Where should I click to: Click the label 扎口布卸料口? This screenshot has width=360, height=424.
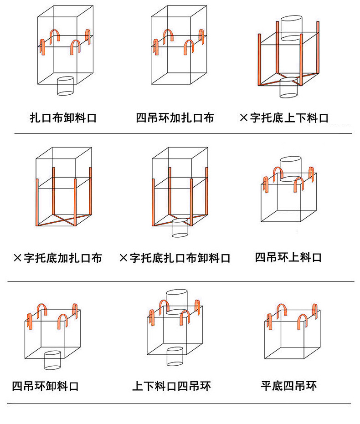(63, 118)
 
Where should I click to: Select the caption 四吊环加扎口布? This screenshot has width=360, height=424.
(175, 118)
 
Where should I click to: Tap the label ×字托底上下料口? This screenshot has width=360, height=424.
(284, 118)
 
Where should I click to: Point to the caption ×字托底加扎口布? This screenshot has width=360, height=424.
(58, 258)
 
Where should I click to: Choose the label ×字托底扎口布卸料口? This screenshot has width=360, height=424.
(175, 258)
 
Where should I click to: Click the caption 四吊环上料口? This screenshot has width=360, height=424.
(288, 257)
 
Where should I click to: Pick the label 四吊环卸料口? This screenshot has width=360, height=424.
(46, 386)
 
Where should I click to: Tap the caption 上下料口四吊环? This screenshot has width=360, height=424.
(171, 386)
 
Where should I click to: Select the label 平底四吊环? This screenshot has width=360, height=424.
(288, 386)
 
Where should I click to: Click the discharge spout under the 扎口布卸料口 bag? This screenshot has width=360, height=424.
(65, 86)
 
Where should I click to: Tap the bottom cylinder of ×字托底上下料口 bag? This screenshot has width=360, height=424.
(288, 87)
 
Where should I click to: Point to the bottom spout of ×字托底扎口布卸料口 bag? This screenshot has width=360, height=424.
(180, 228)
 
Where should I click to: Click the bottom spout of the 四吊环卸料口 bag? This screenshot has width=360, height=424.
(52, 360)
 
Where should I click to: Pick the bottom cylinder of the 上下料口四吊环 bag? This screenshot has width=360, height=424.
(175, 356)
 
